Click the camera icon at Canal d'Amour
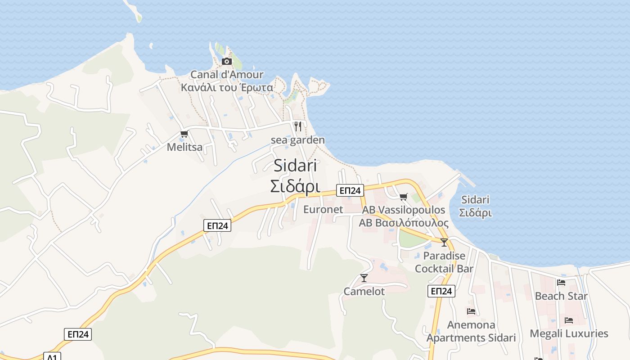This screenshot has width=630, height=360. tap(226, 61)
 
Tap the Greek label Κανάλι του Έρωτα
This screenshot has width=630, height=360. tap(227, 87)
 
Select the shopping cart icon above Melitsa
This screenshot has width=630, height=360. tap(184, 134)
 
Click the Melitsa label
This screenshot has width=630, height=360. tap(184, 147)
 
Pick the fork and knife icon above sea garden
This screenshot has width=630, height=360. tap(297, 126)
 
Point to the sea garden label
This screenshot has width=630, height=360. tap(297, 140)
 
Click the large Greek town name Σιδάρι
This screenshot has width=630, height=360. tap(295, 186)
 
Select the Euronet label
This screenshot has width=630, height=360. tap(323, 209)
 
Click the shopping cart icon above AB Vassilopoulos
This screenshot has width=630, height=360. tap(403, 197)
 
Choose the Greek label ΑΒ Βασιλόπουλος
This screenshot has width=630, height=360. tap(404, 223)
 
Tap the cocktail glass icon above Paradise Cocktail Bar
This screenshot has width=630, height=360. tap(444, 243)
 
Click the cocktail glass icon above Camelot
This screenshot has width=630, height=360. tap(364, 278)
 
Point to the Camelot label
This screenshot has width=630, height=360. tap(364, 292)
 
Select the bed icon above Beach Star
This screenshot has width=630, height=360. tap(561, 283)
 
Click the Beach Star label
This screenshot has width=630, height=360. tap(561, 296)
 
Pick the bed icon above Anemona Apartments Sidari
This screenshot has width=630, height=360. tap(471, 311)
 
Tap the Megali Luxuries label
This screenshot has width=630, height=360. tap(569, 333)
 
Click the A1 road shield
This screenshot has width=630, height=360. tap(52, 357)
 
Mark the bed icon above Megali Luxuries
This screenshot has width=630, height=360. tap(569, 320)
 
